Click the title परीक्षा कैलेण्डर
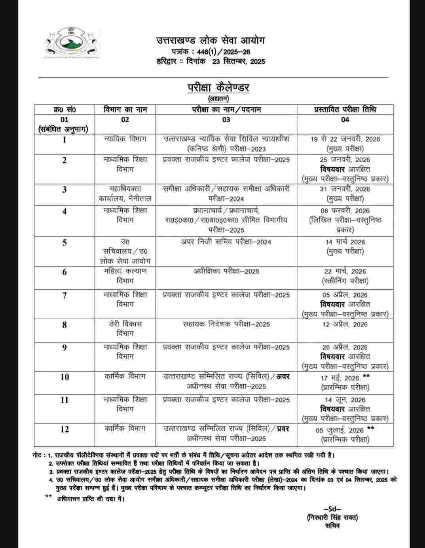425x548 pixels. pos(218,87)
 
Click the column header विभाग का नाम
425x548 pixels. pos(125,109)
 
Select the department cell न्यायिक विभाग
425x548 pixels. pos(125,139)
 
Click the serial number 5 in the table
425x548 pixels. pos(64,242)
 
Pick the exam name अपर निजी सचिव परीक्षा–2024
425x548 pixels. pos(226,242)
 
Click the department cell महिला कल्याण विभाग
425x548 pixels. pos(125,276)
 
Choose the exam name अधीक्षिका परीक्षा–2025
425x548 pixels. pos(226,271)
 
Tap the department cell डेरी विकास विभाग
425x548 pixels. pos(125,328)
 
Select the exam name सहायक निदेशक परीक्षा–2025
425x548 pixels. pos(226,324)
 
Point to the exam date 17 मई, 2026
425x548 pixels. pos(340,378)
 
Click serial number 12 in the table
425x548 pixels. pos(64,429)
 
